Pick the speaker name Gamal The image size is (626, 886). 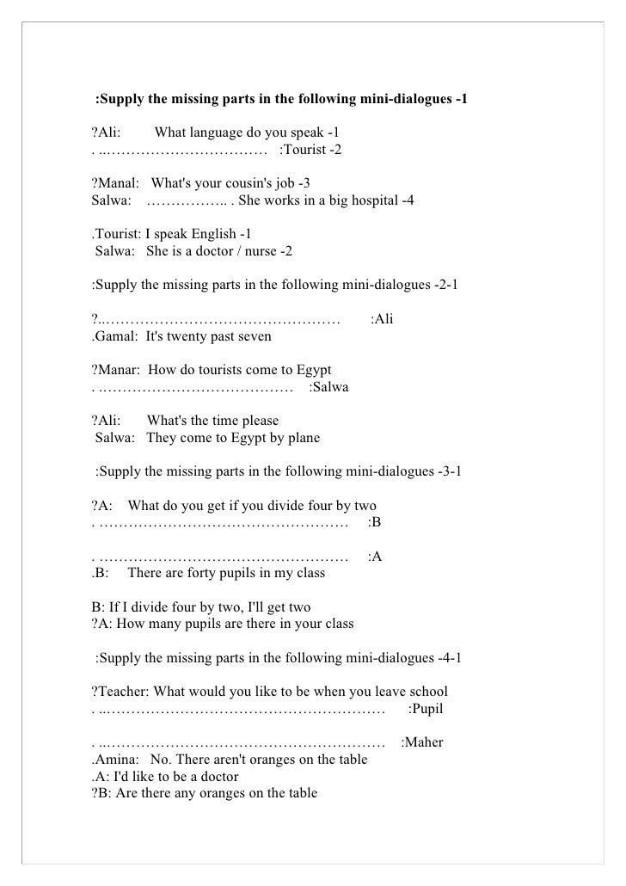115,335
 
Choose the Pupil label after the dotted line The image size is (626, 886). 427,709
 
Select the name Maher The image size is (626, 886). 423,741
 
